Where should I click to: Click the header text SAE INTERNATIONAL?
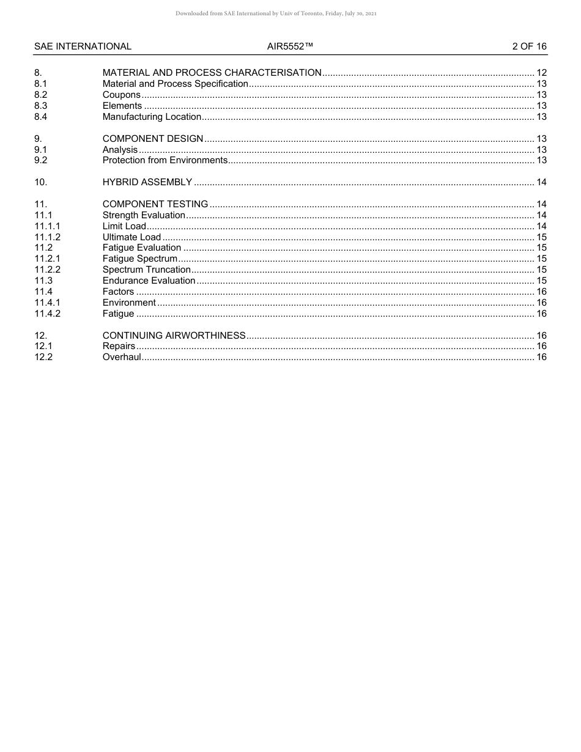coord(83,46)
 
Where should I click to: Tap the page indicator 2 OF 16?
coord(529,46)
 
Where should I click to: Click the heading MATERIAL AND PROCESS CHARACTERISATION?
coord(212,73)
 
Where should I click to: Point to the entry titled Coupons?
coord(121,95)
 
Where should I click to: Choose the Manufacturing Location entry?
coord(152,117)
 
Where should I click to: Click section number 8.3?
coord(40,106)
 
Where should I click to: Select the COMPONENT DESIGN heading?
coord(152,139)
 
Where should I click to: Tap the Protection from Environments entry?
coord(165,160)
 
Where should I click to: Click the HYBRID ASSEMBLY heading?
coord(147,182)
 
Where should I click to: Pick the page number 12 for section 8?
coord(541,73)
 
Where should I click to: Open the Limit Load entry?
coord(124,226)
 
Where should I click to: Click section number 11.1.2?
coord(47,237)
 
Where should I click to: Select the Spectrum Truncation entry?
coord(146,270)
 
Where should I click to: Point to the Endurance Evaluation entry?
coord(149,281)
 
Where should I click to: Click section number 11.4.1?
coord(47,303)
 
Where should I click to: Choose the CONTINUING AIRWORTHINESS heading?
coord(174,336)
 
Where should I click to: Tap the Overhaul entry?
coord(121,357)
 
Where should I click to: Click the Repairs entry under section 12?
coord(119,346)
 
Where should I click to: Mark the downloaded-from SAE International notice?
coord(275,13)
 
